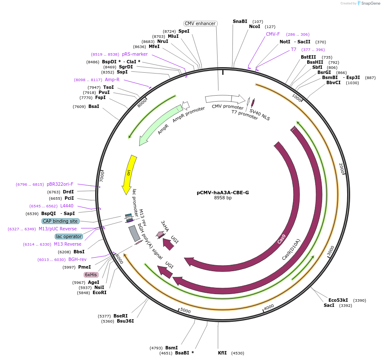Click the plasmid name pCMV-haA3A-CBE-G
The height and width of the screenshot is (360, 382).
pyautogui.click(x=223, y=192)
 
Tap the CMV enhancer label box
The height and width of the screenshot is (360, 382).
pyautogui.click(x=201, y=23)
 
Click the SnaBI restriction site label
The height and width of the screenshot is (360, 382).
pyautogui.click(x=240, y=21)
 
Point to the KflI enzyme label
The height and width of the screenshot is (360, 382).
pyautogui.click(x=222, y=353)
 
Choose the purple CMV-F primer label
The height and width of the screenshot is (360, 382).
pyautogui.click(x=273, y=34)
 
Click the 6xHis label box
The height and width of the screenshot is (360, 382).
pyautogui.click(x=91, y=275)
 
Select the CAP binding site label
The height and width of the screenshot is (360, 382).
pyautogui.click(x=60, y=221)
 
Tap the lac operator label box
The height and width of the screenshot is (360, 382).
pyautogui.click(x=68, y=236)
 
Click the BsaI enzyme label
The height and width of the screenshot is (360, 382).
pyautogui.click(x=93, y=106)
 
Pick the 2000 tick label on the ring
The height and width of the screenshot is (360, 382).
pyautogui.click(x=341, y=169)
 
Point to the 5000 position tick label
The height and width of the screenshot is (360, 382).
pyautogui.click(x=185, y=311)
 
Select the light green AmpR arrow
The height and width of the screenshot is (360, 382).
pyautogui.click(x=157, y=128)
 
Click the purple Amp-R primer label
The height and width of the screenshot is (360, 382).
pyautogui.click(x=112, y=79)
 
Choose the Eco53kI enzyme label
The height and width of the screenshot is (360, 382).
pyautogui.click(x=338, y=300)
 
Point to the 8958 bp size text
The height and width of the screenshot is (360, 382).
pyautogui.click(x=223, y=198)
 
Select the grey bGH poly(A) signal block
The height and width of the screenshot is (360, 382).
pyautogui.click(x=134, y=233)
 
